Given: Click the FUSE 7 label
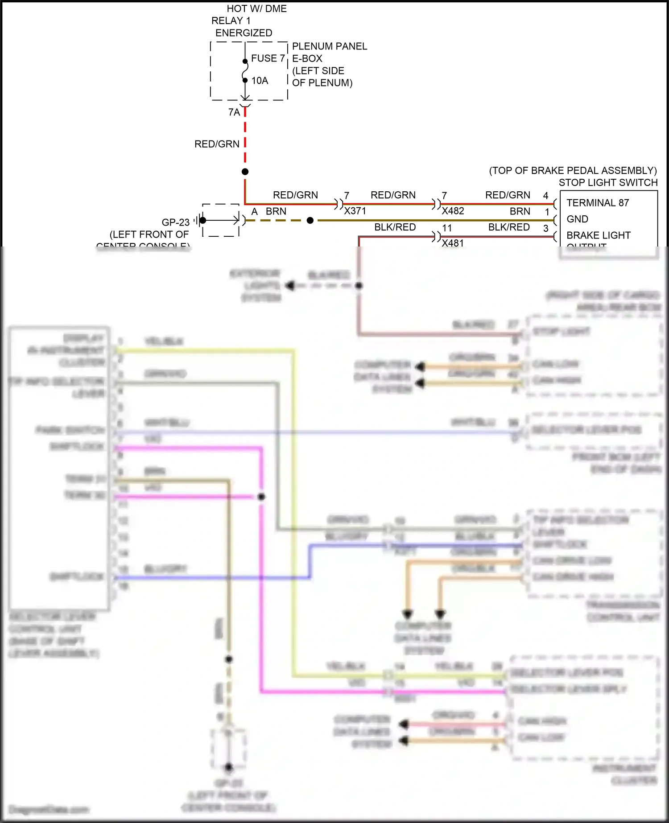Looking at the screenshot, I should pyautogui.click(x=268, y=58).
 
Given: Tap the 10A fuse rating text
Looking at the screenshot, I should pyautogui.click(x=260, y=81).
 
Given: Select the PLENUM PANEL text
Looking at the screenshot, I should pyautogui.click(x=329, y=46).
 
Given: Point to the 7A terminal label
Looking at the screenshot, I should pyautogui.click(x=234, y=112).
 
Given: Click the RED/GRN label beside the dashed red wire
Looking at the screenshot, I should pyautogui.click(x=217, y=144).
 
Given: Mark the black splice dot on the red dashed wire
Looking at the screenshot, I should pyautogui.click(x=245, y=172).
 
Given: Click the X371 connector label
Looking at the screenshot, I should pyautogui.click(x=355, y=211).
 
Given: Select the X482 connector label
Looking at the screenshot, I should pyautogui.click(x=453, y=211).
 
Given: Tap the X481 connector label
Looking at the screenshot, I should pyautogui.click(x=453, y=243).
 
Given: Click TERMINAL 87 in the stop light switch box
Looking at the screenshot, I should pyautogui.click(x=597, y=203).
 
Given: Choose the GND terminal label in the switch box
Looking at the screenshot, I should pyautogui.click(x=577, y=219).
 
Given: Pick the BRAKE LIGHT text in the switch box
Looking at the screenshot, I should pyautogui.click(x=598, y=235).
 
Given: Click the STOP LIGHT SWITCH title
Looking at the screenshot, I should pyautogui.click(x=608, y=182).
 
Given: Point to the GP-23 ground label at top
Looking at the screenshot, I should pyautogui.click(x=175, y=222).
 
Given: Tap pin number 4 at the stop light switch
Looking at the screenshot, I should pyautogui.click(x=545, y=195).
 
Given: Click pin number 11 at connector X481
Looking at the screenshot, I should pyautogui.click(x=447, y=228).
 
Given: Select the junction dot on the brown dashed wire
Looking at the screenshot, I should pyautogui.click(x=310, y=220).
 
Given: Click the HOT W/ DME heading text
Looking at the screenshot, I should pyautogui.click(x=256, y=8).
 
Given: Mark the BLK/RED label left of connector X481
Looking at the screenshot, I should pyautogui.click(x=395, y=227).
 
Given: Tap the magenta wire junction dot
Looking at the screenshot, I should pyautogui.click(x=261, y=497).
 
